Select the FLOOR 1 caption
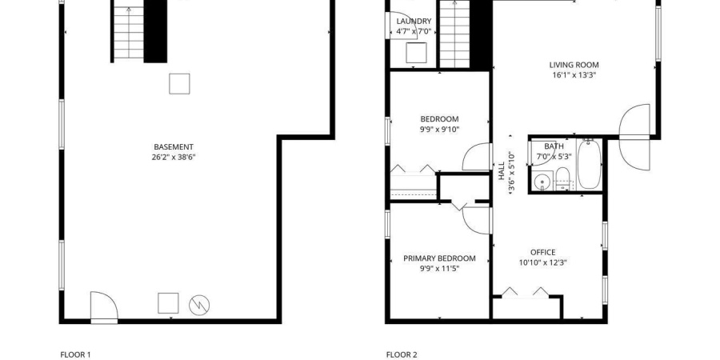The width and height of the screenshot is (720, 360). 76,354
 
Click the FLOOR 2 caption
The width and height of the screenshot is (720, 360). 402,354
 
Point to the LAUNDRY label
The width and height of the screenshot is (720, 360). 414,21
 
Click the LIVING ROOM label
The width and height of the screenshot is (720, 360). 574,66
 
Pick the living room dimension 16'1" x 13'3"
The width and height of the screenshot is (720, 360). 574,75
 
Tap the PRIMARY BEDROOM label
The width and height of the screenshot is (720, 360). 439,258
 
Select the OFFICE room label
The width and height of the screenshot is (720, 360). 542,252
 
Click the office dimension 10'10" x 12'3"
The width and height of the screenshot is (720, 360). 542,262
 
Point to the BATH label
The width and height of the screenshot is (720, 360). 554,146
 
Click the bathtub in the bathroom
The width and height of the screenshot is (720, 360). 589,164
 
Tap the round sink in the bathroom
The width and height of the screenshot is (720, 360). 543,181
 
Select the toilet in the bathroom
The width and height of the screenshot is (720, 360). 563,179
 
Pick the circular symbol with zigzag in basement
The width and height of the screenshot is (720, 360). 199,305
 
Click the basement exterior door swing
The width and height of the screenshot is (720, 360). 104,306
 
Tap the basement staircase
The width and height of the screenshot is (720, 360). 129,32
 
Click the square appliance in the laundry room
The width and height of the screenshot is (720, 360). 417,52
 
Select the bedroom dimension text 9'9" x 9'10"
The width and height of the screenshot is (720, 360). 439,130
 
